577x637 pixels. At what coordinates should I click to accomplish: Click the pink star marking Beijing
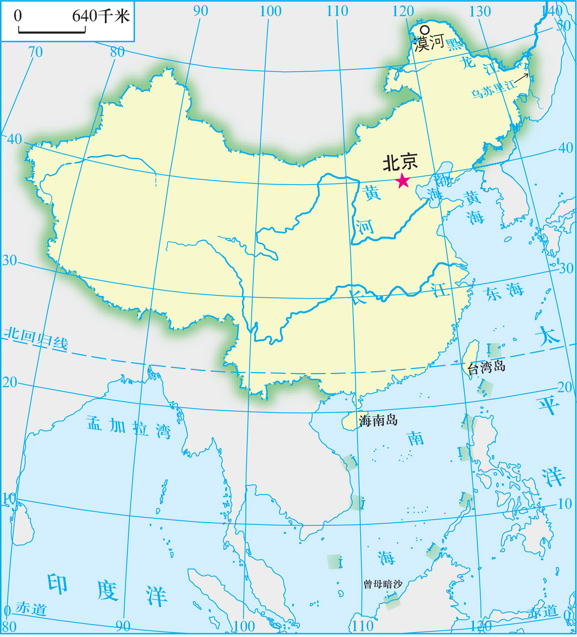(x=403, y=181)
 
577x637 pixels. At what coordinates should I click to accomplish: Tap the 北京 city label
(x=400, y=162)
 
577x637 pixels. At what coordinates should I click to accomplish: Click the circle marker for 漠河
(x=425, y=30)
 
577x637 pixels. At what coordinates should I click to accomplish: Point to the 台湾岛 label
(x=486, y=367)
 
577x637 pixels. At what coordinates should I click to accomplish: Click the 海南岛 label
(x=378, y=421)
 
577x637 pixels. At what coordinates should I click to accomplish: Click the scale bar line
(x=52, y=32)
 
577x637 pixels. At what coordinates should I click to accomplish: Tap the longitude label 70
(x=35, y=52)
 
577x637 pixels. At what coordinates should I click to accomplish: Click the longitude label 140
(x=552, y=11)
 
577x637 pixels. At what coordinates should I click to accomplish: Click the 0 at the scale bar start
(x=18, y=16)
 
